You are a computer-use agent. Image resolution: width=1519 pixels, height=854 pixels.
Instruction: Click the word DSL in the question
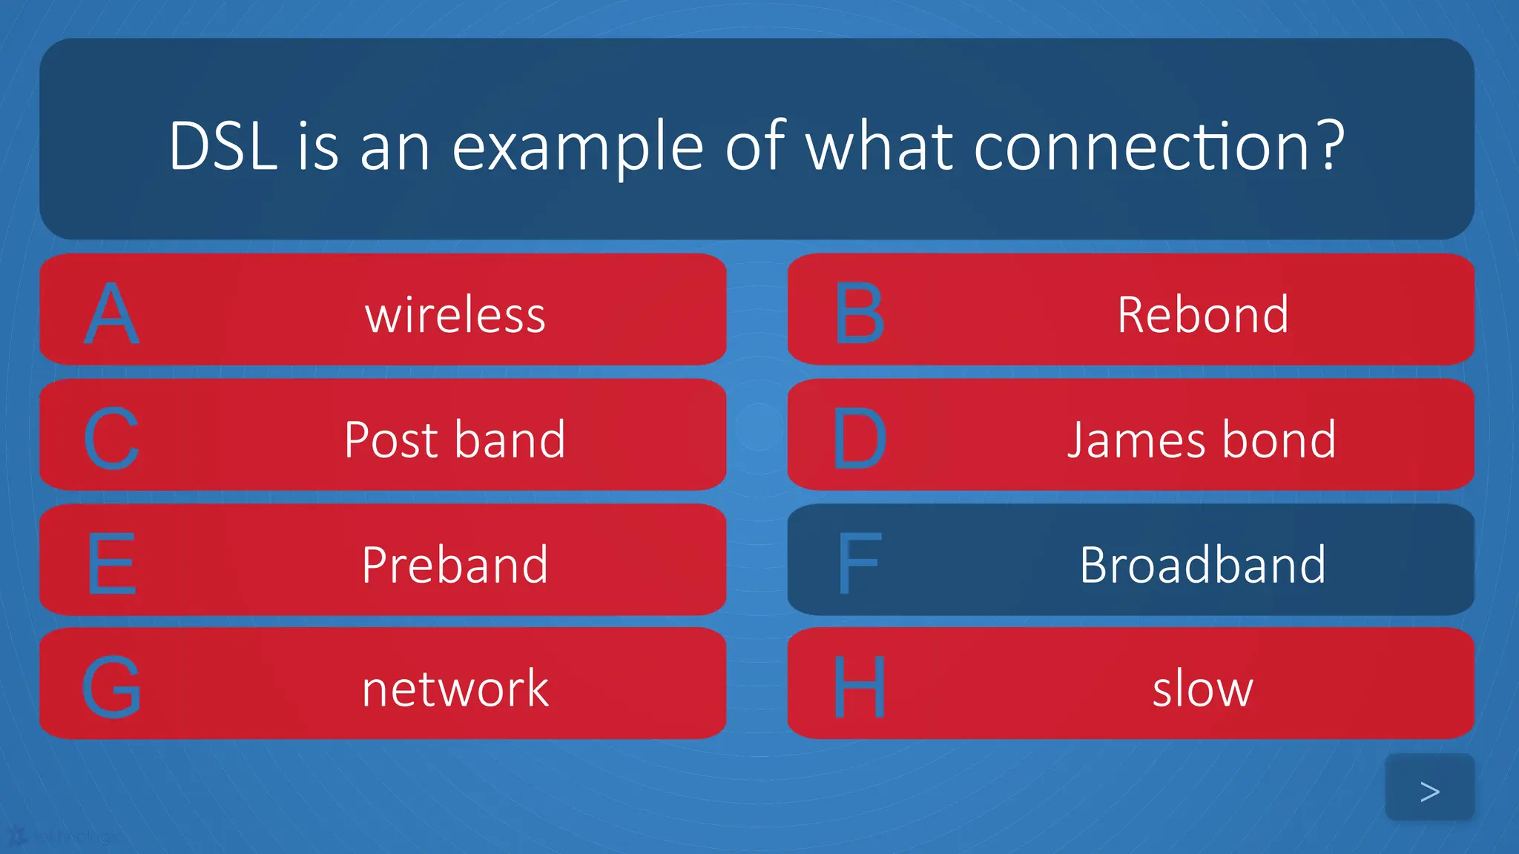tap(223, 147)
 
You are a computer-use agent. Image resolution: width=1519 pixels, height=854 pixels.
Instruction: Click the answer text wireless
tap(455, 315)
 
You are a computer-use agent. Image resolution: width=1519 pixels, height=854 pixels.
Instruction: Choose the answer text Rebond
tap(1202, 315)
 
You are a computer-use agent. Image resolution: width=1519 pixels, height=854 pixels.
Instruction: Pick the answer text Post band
tap(455, 440)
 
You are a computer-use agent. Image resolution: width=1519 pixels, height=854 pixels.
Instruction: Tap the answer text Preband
tap(455, 565)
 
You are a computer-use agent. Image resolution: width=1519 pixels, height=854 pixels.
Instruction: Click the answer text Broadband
tap(1202, 565)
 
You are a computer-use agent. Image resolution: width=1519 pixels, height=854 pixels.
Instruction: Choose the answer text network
tap(455, 689)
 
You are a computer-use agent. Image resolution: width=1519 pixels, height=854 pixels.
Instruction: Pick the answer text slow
tap(1202, 689)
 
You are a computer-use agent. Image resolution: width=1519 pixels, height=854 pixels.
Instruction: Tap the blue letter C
tap(111, 439)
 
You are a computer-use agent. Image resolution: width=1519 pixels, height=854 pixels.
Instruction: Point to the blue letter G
tap(111, 687)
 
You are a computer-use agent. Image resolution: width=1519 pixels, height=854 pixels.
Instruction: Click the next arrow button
tap(1429, 788)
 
